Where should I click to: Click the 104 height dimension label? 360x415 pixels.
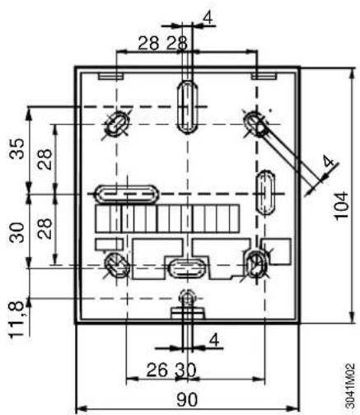pyautogui.click(x=341, y=206)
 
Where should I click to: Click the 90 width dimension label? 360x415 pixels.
pyautogui.click(x=187, y=399)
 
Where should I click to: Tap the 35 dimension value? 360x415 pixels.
pyautogui.click(x=16, y=148)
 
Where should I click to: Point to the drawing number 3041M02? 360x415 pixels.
pyautogui.click(x=349, y=386)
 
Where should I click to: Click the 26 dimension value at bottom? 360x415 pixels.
pyautogui.click(x=157, y=370)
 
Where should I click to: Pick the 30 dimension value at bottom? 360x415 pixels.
pyautogui.click(x=186, y=370)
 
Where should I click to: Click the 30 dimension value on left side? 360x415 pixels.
pyautogui.click(x=16, y=232)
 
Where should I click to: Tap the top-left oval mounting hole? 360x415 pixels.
pyautogui.click(x=117, y=125)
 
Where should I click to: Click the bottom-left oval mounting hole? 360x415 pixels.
pyautogui.click(x=117, y=266)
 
